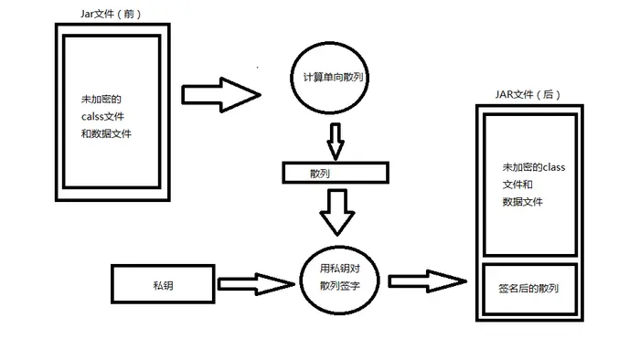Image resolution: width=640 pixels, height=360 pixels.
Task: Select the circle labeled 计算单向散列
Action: coord(332,78)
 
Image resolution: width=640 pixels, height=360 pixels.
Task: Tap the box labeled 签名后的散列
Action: coord(529,289)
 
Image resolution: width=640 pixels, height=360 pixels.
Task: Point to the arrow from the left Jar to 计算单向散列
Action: coord(219,94)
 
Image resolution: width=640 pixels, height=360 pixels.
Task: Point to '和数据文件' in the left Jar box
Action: coord(106,133)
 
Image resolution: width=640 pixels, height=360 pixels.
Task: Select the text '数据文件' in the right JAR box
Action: coord(523,201)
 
